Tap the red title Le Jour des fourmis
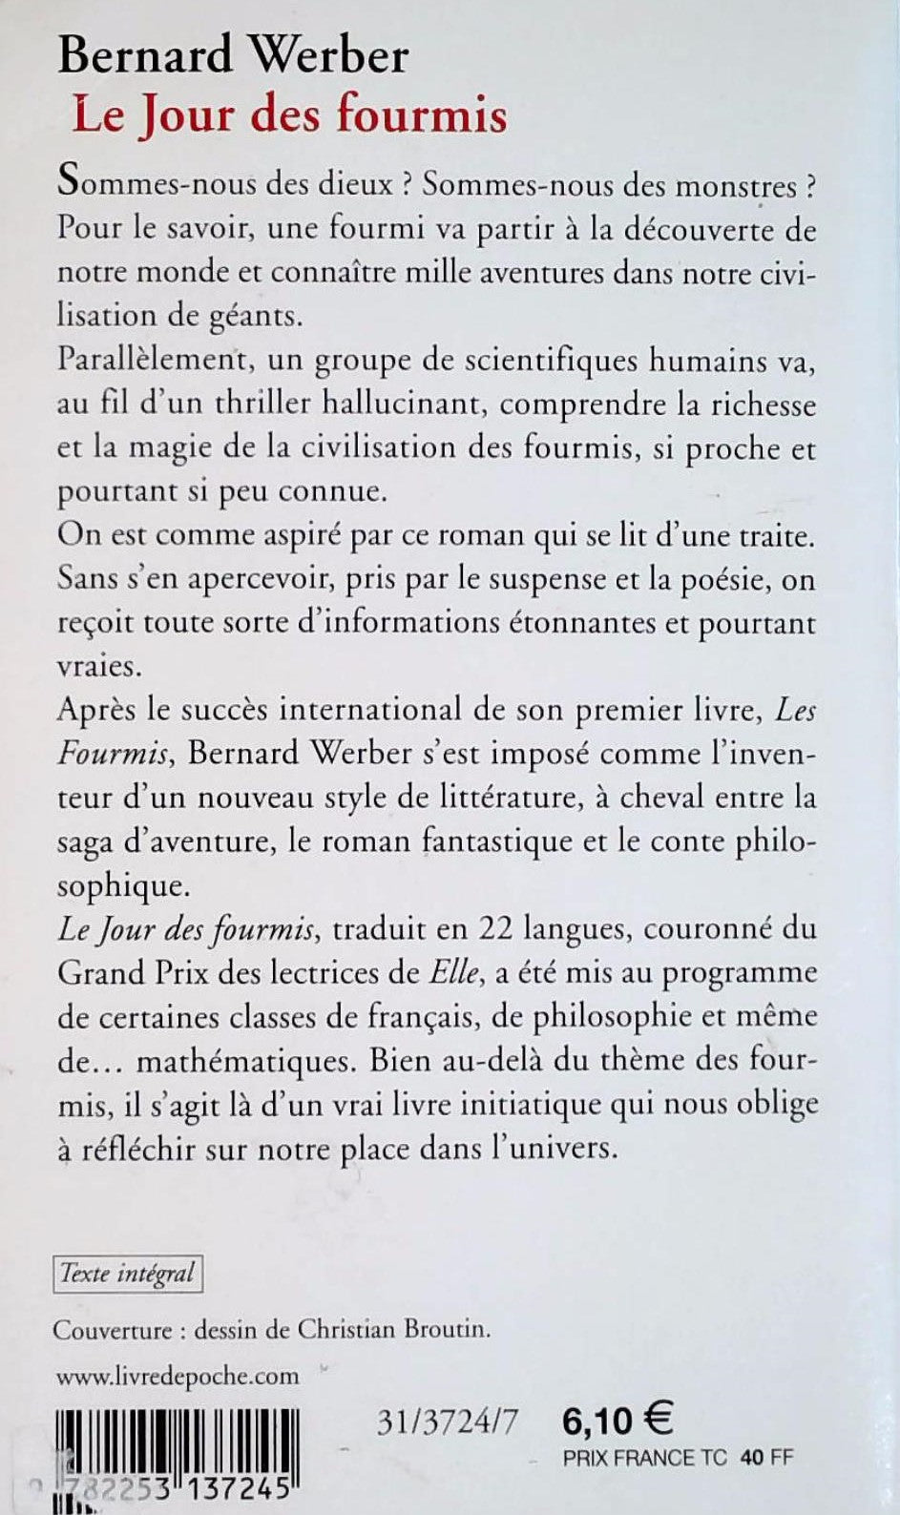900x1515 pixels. point(289,116)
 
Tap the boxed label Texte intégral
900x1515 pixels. point(127,1273)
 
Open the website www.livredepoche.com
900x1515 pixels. point(178,1376)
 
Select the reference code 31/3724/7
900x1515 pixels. point(449,1422)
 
